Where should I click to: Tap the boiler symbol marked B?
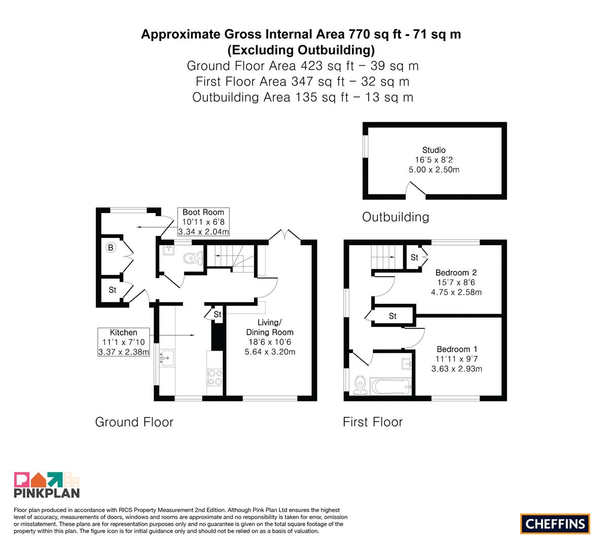click(x=111, y=248)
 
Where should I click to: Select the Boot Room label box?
click(x=203, y=222)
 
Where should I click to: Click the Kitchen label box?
click(x=123, y=342)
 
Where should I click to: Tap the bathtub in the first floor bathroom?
click(x=390, y=386)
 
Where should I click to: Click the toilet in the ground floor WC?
click(x=193, y=258)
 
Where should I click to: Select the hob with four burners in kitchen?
click(x=215, y=378)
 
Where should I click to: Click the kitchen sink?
click(x=167, y=358)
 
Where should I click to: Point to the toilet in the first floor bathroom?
click(x=360, y=385)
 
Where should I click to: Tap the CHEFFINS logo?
click(x=555, y=524)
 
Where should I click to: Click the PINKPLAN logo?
click(x=47, y=485)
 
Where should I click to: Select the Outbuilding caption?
click(x=396, y=217)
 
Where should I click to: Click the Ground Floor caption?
click(x=134, y=422)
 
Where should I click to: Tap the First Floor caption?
click(x=373, y=422)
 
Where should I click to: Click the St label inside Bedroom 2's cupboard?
click(x=414, y=257)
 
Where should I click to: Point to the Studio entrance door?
click(x=416, y=190)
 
